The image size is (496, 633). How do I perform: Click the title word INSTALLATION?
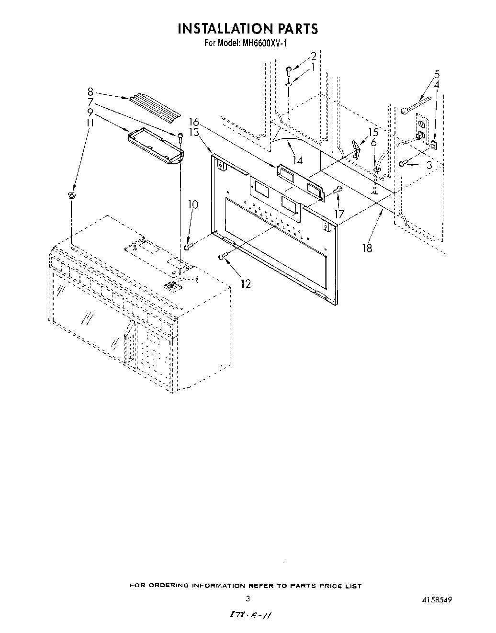click(222, 29)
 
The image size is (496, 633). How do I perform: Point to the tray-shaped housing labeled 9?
click(156, 147)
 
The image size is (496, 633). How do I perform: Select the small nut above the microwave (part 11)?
click(72, 195)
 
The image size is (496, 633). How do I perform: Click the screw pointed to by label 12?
click(221, 257)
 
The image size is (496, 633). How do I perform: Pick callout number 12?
click(246, 284)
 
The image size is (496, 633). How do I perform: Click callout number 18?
click(367, 248)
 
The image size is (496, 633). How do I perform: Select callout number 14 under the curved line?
click(298, 161)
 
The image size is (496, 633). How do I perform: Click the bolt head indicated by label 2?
click(289, 70)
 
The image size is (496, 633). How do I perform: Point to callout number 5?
click(437, 74)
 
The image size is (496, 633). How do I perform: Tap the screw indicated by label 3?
click(403, 164)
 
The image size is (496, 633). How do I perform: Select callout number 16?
click(193, 123)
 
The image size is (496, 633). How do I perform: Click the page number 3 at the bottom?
click(248, 599)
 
